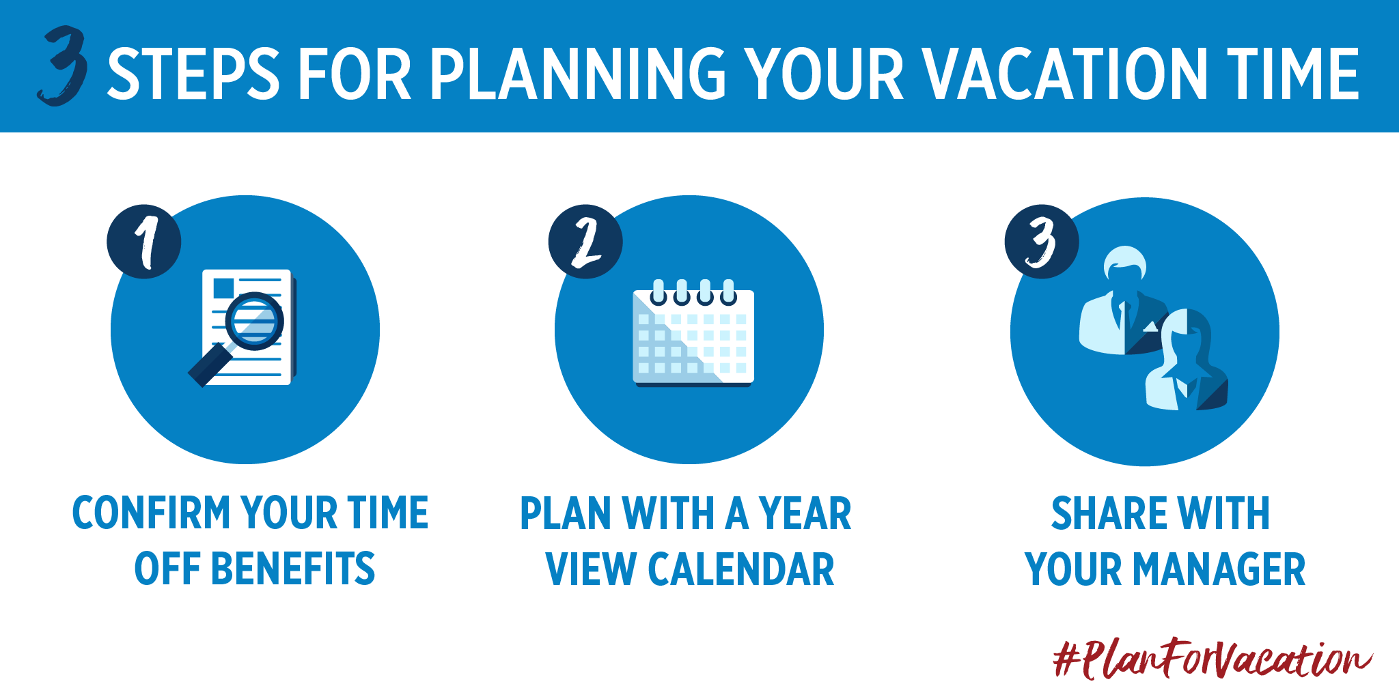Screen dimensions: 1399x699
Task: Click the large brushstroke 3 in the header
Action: [63, 67]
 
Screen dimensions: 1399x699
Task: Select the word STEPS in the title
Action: [194, 73]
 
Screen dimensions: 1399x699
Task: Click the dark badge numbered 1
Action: [144, 242]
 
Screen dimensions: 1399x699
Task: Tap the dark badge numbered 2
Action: [585, 242]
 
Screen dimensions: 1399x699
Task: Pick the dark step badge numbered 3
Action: [1042, 242]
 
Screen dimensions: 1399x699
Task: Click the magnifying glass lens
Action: [255, 321]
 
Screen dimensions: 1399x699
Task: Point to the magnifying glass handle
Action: [209, 365]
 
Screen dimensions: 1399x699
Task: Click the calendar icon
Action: [693, 333]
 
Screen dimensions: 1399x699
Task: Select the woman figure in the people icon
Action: [1187, 360]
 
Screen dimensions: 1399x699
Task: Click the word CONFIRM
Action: [152, 513]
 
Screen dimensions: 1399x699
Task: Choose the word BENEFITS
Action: [294, 569]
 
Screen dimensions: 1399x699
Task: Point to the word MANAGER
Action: [1220, 569]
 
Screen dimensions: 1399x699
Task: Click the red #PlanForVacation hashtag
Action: [1213, 659]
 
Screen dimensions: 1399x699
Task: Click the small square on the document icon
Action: [223, 288]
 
